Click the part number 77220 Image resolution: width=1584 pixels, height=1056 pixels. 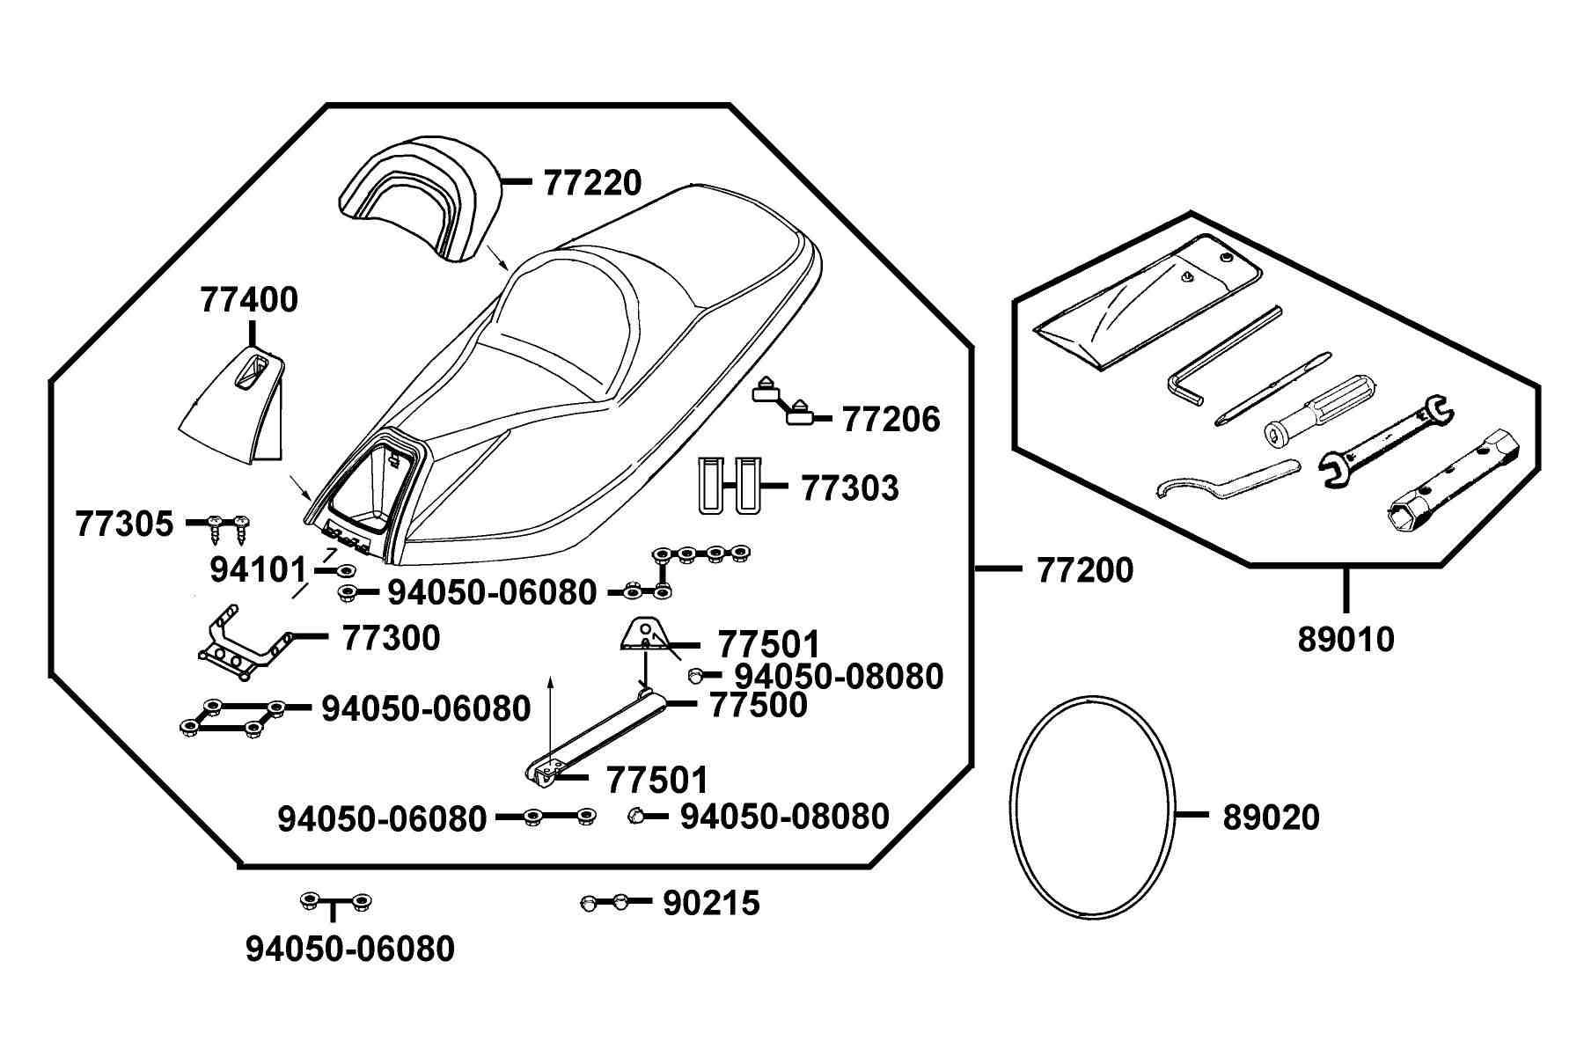[x=592, y=183]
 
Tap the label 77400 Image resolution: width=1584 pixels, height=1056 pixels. [x=249, y=300]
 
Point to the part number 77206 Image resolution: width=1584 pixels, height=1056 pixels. [x=891, y=420]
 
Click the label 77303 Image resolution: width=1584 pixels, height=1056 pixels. [x=850, y=488]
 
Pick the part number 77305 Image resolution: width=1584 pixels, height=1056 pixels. [x=125, y=524]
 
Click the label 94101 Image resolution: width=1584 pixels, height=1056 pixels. [x=258, y=570]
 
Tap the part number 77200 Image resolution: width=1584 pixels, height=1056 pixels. [x=1086, y=570]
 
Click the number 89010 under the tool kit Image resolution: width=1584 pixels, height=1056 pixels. [x=1346, y=640]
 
